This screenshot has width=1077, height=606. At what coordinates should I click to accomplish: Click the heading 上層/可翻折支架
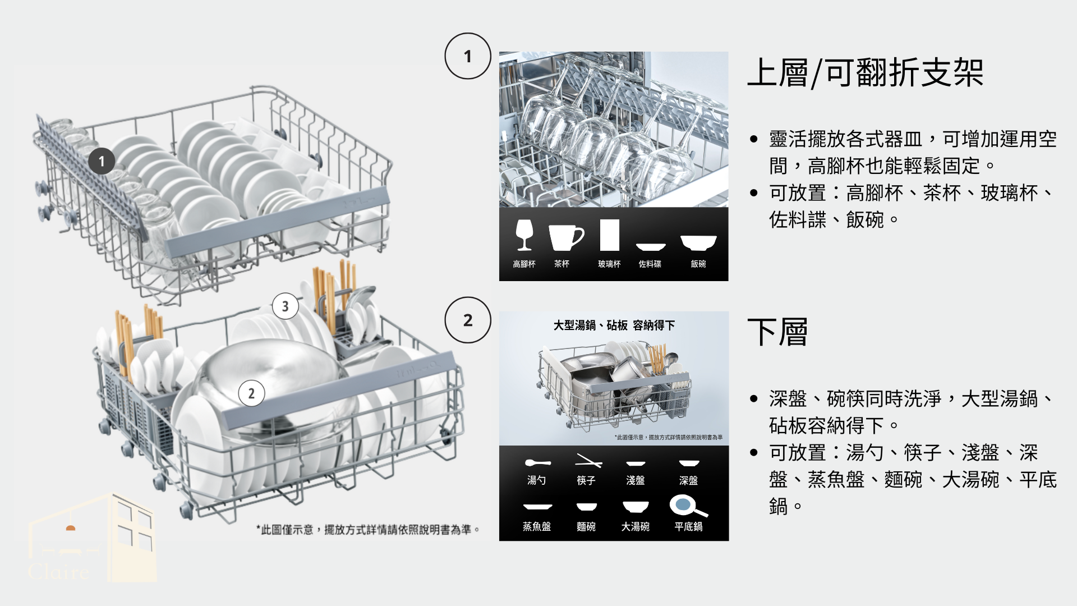[x=865, y=72]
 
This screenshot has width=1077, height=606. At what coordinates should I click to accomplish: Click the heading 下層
[x=777, y=332]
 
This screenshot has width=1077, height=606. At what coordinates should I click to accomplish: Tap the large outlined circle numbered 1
[x=468, y=56]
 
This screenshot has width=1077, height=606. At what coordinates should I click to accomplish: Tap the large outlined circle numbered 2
[x=468, y=320]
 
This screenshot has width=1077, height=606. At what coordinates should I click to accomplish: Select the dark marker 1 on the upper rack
[x=102, y=162]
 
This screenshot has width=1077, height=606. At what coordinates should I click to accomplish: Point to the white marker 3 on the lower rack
[x=286, y=306]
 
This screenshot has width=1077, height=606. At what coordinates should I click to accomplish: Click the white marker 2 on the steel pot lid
[x=251, y=393]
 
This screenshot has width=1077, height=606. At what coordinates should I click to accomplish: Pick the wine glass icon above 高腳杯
[x=524, y=235]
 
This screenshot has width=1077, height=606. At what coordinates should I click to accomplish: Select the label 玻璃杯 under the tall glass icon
[x=609, y=264]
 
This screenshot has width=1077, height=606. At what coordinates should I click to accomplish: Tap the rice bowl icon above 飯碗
[x=698, y=242]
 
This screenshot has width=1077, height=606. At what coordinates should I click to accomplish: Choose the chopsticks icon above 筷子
[x=588, y=461]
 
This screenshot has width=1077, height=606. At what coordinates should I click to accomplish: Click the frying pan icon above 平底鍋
[x=688, y=506]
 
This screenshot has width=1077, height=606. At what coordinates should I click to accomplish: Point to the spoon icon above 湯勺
[x=537, y=463]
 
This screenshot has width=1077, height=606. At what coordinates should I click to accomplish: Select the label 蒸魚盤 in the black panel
[x=537, y=526]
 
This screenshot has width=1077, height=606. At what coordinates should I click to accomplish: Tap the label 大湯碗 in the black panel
[x=635, y=526]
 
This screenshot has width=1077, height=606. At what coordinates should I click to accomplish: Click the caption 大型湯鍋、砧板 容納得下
[x=614, y=325]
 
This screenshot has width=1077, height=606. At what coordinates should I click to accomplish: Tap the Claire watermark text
[x=59, y=572]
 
